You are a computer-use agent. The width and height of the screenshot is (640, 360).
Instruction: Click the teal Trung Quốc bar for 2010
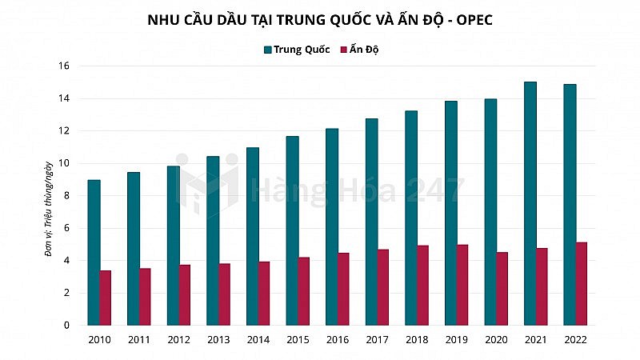94,253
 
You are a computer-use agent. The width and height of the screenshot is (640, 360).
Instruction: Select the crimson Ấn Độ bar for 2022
582,284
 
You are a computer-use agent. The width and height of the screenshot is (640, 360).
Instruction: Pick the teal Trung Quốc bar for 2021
530,203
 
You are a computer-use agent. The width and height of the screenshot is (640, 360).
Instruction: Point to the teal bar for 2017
372,222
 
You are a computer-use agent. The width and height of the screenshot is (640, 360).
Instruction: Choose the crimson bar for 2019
462,285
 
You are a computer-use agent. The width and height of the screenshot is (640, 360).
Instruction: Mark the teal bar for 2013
213,241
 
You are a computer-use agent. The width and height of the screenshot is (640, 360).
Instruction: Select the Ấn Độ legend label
365,50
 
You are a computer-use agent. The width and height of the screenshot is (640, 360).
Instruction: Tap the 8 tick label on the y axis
66,196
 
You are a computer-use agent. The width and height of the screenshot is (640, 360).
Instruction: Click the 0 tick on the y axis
66,326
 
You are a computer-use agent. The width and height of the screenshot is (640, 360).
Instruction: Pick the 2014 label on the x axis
258,339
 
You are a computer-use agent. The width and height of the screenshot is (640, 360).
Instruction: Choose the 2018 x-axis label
417,339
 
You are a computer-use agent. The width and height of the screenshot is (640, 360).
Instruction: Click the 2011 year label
139,339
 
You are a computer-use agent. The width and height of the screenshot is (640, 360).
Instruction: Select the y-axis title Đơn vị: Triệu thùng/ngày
50,206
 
